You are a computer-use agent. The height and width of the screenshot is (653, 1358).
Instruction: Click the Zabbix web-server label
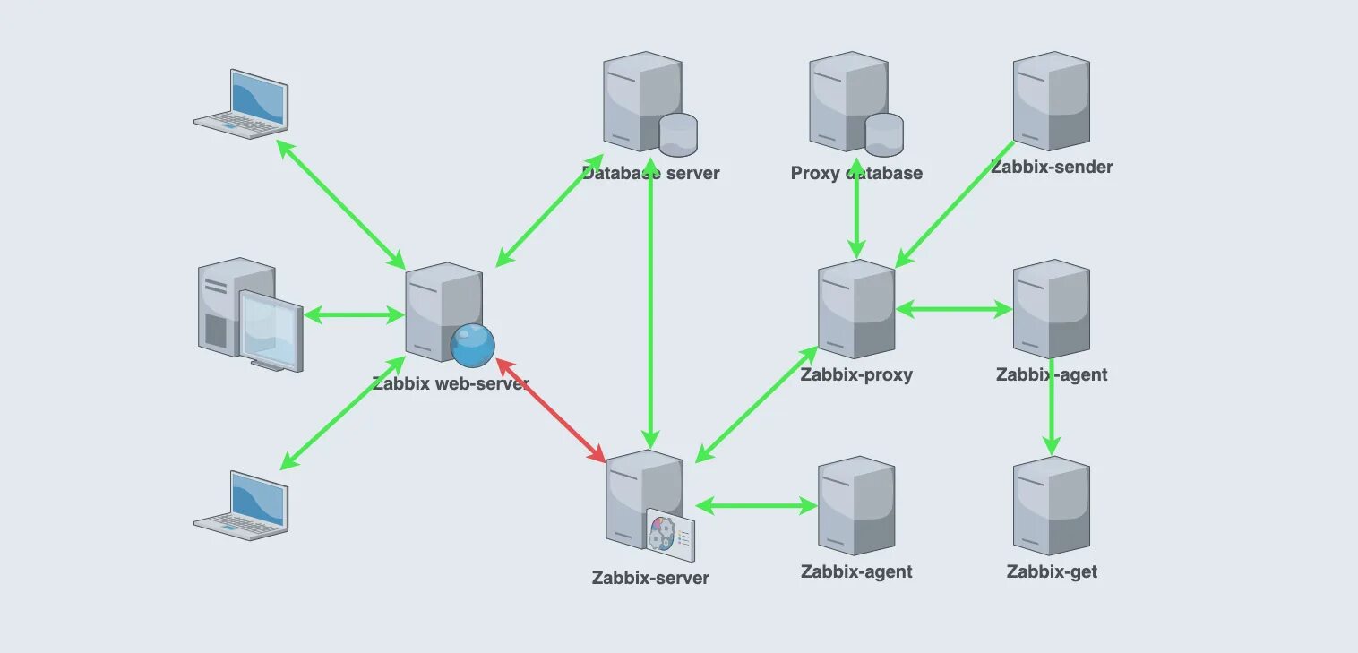[x=451, y=384]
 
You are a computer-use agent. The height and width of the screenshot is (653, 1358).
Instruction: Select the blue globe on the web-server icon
[x=472, y=345]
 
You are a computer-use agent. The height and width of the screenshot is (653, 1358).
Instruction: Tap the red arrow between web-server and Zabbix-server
[x=550, y=410]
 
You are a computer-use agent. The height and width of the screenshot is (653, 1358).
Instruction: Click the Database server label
[x=650, y=174]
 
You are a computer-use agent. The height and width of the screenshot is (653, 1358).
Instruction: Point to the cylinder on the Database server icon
[x=678, y=133]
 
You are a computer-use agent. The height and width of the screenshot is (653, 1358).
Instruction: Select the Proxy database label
[x=856, y=174]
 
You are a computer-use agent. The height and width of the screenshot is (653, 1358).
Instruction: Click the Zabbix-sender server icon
[x=1051, y=100]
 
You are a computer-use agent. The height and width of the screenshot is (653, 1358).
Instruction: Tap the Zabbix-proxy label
[x=856, y=375]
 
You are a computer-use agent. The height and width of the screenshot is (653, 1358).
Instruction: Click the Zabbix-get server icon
[x=1051, y=506]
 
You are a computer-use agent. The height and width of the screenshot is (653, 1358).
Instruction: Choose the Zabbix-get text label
[x=1052, y=572]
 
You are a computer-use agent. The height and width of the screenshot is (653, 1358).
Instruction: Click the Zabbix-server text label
[x=650, y=578]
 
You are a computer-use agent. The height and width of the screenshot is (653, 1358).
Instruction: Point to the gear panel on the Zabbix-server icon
[x=670, y=532]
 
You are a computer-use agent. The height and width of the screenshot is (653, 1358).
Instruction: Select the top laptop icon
[x=242, y=104]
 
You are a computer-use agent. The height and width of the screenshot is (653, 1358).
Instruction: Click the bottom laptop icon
[x=242, y=504]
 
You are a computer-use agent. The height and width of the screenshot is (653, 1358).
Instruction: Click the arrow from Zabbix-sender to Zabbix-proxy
[x=955, y=203]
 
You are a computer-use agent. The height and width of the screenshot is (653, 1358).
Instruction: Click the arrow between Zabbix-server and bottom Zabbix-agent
[x=757, y=506]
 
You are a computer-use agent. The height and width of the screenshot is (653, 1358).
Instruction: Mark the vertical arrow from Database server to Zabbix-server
[x=650, y=305]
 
